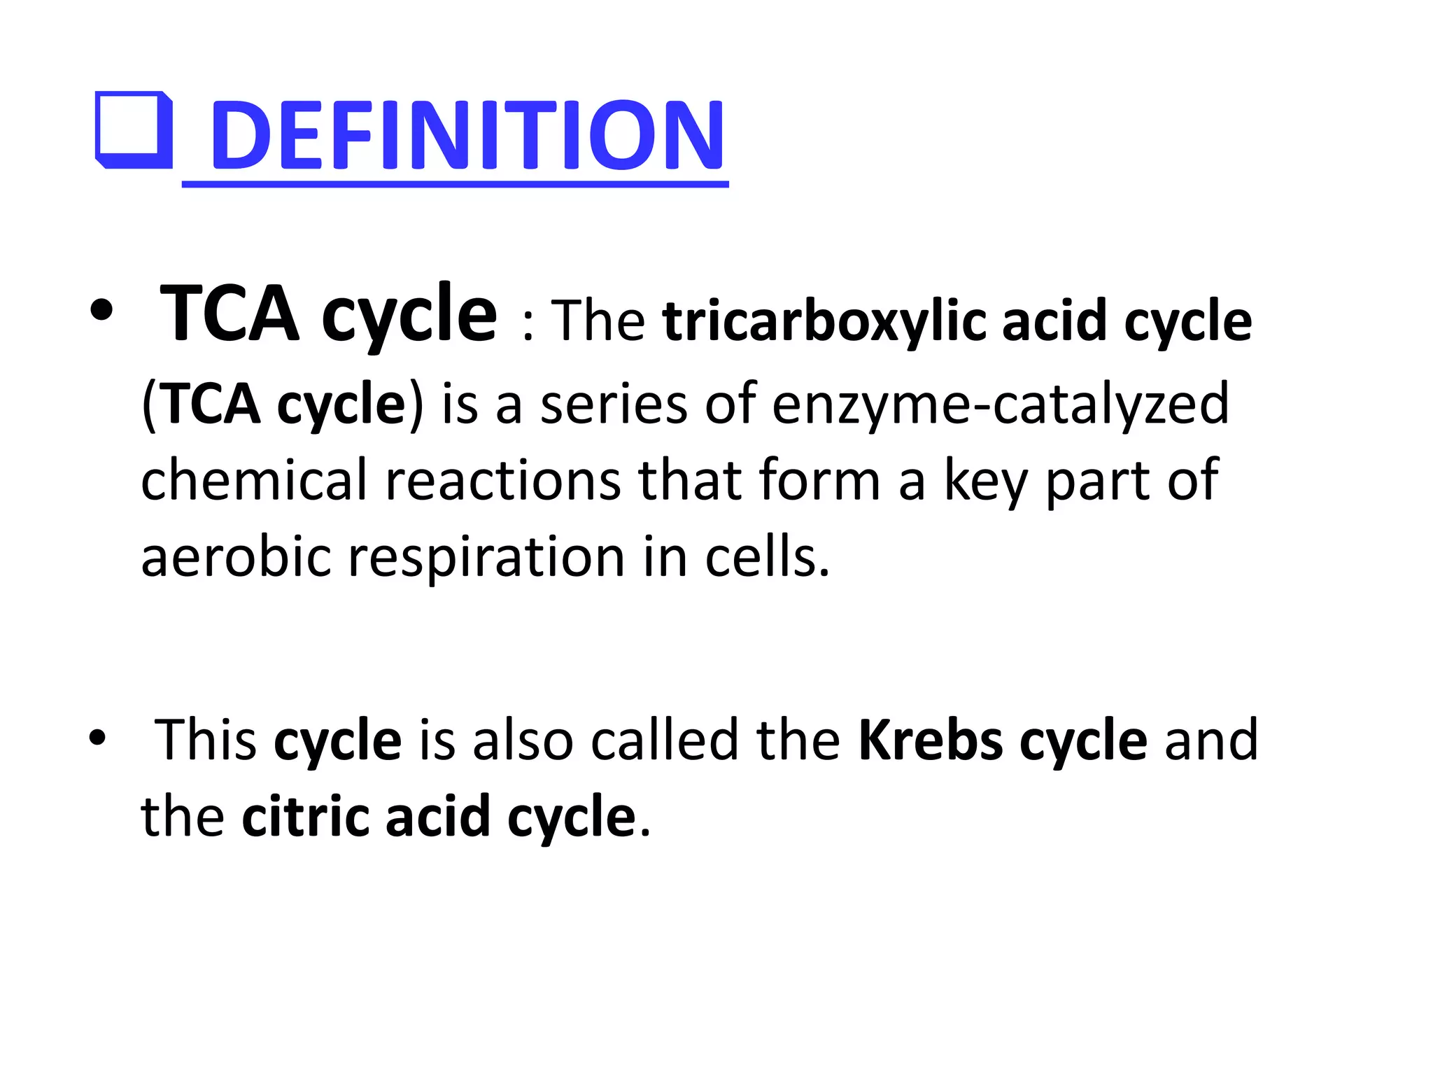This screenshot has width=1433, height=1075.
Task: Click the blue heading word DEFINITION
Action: pos(467,134)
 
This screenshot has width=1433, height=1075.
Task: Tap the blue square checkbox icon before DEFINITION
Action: pos(134,131)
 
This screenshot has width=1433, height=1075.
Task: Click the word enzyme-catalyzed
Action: pos(1001,404)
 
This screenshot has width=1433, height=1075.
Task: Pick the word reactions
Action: pos(503,480)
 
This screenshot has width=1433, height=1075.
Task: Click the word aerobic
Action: pos(236,557)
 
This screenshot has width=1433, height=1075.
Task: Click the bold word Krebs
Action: pos(931,740)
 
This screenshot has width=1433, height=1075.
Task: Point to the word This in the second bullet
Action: pos(206,740)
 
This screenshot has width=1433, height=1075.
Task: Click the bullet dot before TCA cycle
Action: pos(101,313)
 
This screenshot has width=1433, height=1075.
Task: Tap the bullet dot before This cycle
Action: pos(97,738)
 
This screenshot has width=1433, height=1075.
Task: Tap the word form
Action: pos(819,480)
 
